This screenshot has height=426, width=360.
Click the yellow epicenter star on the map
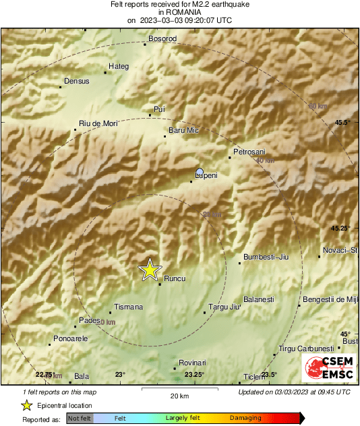(150, 270)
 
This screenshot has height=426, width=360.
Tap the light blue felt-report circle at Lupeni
(200, 171)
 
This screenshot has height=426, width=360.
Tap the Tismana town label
(128, 307)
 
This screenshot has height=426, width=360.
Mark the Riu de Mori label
(98, 123)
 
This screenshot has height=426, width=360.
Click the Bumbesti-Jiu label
(264, 257)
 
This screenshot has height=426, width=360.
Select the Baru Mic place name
(183, 130)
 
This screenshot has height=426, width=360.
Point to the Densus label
(76, 82)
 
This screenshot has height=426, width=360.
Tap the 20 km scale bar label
(179, 395)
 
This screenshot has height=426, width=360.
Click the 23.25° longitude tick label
(194, 375)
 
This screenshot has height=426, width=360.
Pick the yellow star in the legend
(26, 405)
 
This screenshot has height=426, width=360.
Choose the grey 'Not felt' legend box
(80, 419)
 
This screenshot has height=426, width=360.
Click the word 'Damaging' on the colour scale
(245, 419)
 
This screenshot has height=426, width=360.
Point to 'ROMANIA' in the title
(179, 12)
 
